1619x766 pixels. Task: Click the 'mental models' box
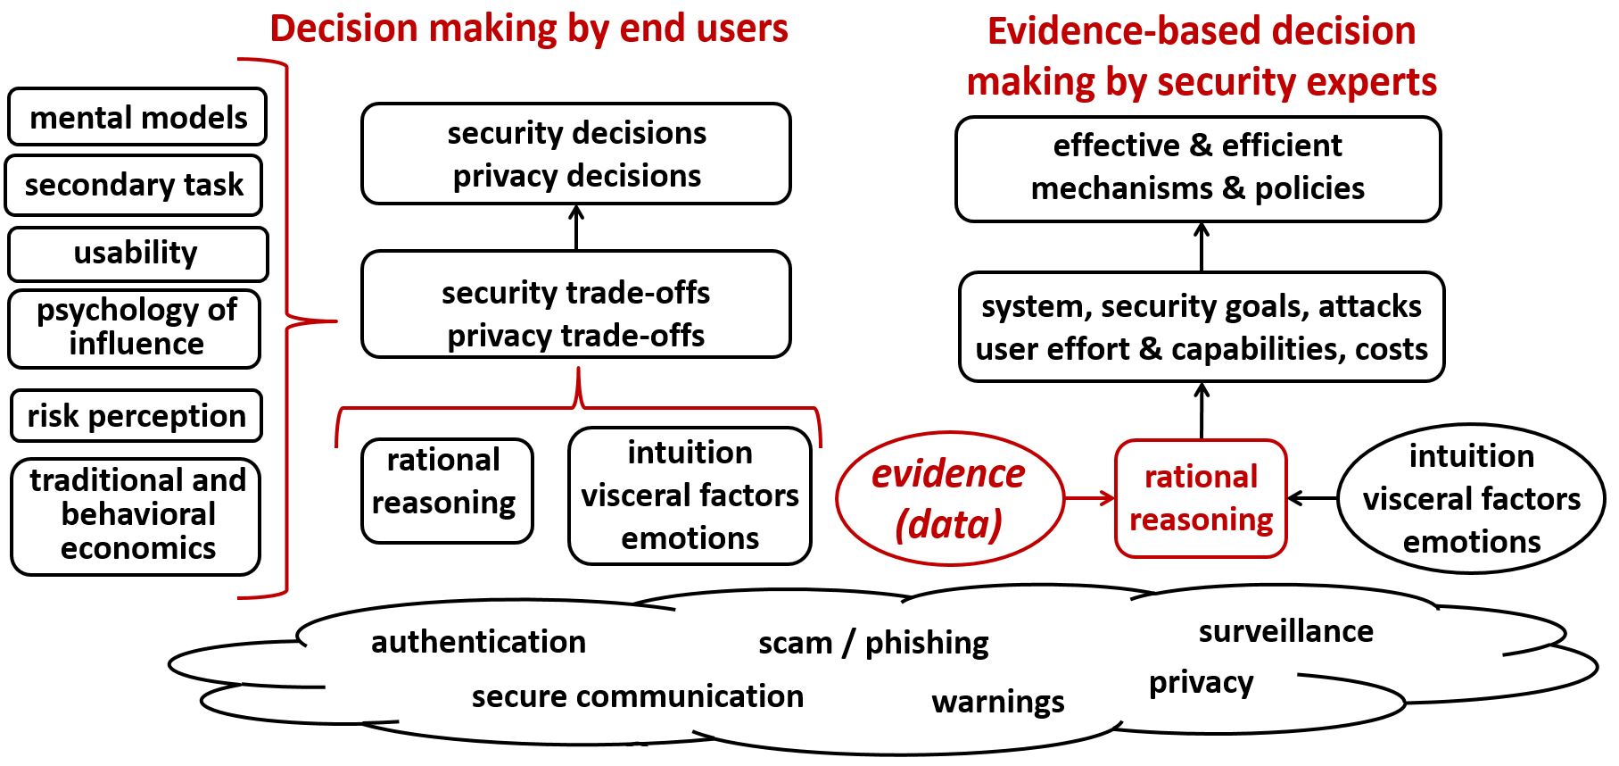pyautogui.click(x=137, y=117)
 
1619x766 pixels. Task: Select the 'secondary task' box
pyautogui.click(x=134, y=185)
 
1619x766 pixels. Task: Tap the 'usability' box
pyautogui.click(x=137, y=254)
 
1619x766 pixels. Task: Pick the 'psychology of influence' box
pyautogui.click(x=135, y=328)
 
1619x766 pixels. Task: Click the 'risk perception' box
pyautogui.click(x=136, y=416)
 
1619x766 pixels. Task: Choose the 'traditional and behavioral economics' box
pyautogui.click(x=136, y=515)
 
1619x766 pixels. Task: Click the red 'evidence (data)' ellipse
pyautogui.click(x=949, y=498)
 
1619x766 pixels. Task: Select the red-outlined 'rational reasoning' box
pyautogui.click(x=1201, y=498)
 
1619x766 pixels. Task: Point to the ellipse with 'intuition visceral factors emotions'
pyautogui.click(x=1471, y=498)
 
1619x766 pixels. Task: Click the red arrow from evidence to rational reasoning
pyautogui.click(x=1089, y=498)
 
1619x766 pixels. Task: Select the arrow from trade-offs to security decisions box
pyautogui.click(x=576, y=228)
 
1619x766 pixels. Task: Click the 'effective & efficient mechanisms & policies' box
pyautogui.click(x=1197, y=168)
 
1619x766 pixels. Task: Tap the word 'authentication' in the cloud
pyautogui.click(x=478, y=642)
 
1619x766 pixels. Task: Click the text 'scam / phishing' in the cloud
pyautogui.click(x=873, y=643)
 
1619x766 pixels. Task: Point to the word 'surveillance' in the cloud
pyautogui.click(x=1285, y=631)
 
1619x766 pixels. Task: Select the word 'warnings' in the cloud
pyautogui.click(x=997, y=702)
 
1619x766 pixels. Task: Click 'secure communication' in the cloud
pyautogui.click(x=637, y=696)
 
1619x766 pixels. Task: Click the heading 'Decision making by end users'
pyautogui.click(x=529, y=29)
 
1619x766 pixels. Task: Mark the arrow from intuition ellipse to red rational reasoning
pyautogui.click(x=1312, y=498)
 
